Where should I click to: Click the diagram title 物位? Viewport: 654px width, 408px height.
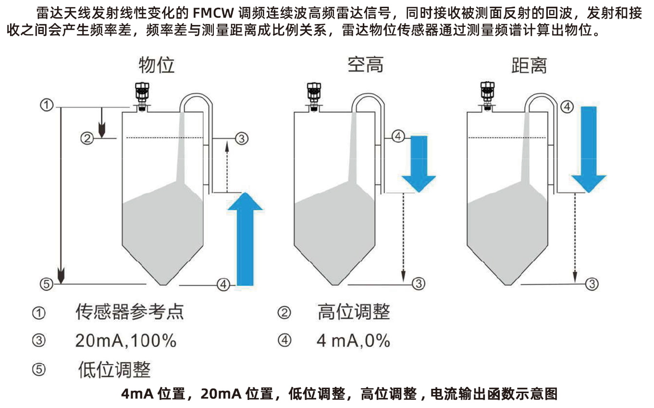(156, 64)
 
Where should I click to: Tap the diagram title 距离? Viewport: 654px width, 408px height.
(529, 65)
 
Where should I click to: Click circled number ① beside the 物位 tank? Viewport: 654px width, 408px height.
(46, 105)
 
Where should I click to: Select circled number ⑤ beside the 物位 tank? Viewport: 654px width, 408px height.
(46, 284)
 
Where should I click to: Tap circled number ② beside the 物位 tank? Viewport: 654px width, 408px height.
(86, 139)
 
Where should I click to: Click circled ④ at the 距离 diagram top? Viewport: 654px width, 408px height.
(567, 107)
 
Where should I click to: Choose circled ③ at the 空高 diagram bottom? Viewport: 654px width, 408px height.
(419, 284)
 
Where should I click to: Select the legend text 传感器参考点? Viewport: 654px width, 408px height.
(130, 312)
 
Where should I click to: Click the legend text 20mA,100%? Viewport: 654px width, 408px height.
(126, 341)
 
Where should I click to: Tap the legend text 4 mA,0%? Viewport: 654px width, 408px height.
(353, 341)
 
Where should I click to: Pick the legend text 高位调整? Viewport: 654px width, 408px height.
(354, 312)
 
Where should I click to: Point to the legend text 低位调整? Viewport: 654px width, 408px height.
(114, 370)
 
